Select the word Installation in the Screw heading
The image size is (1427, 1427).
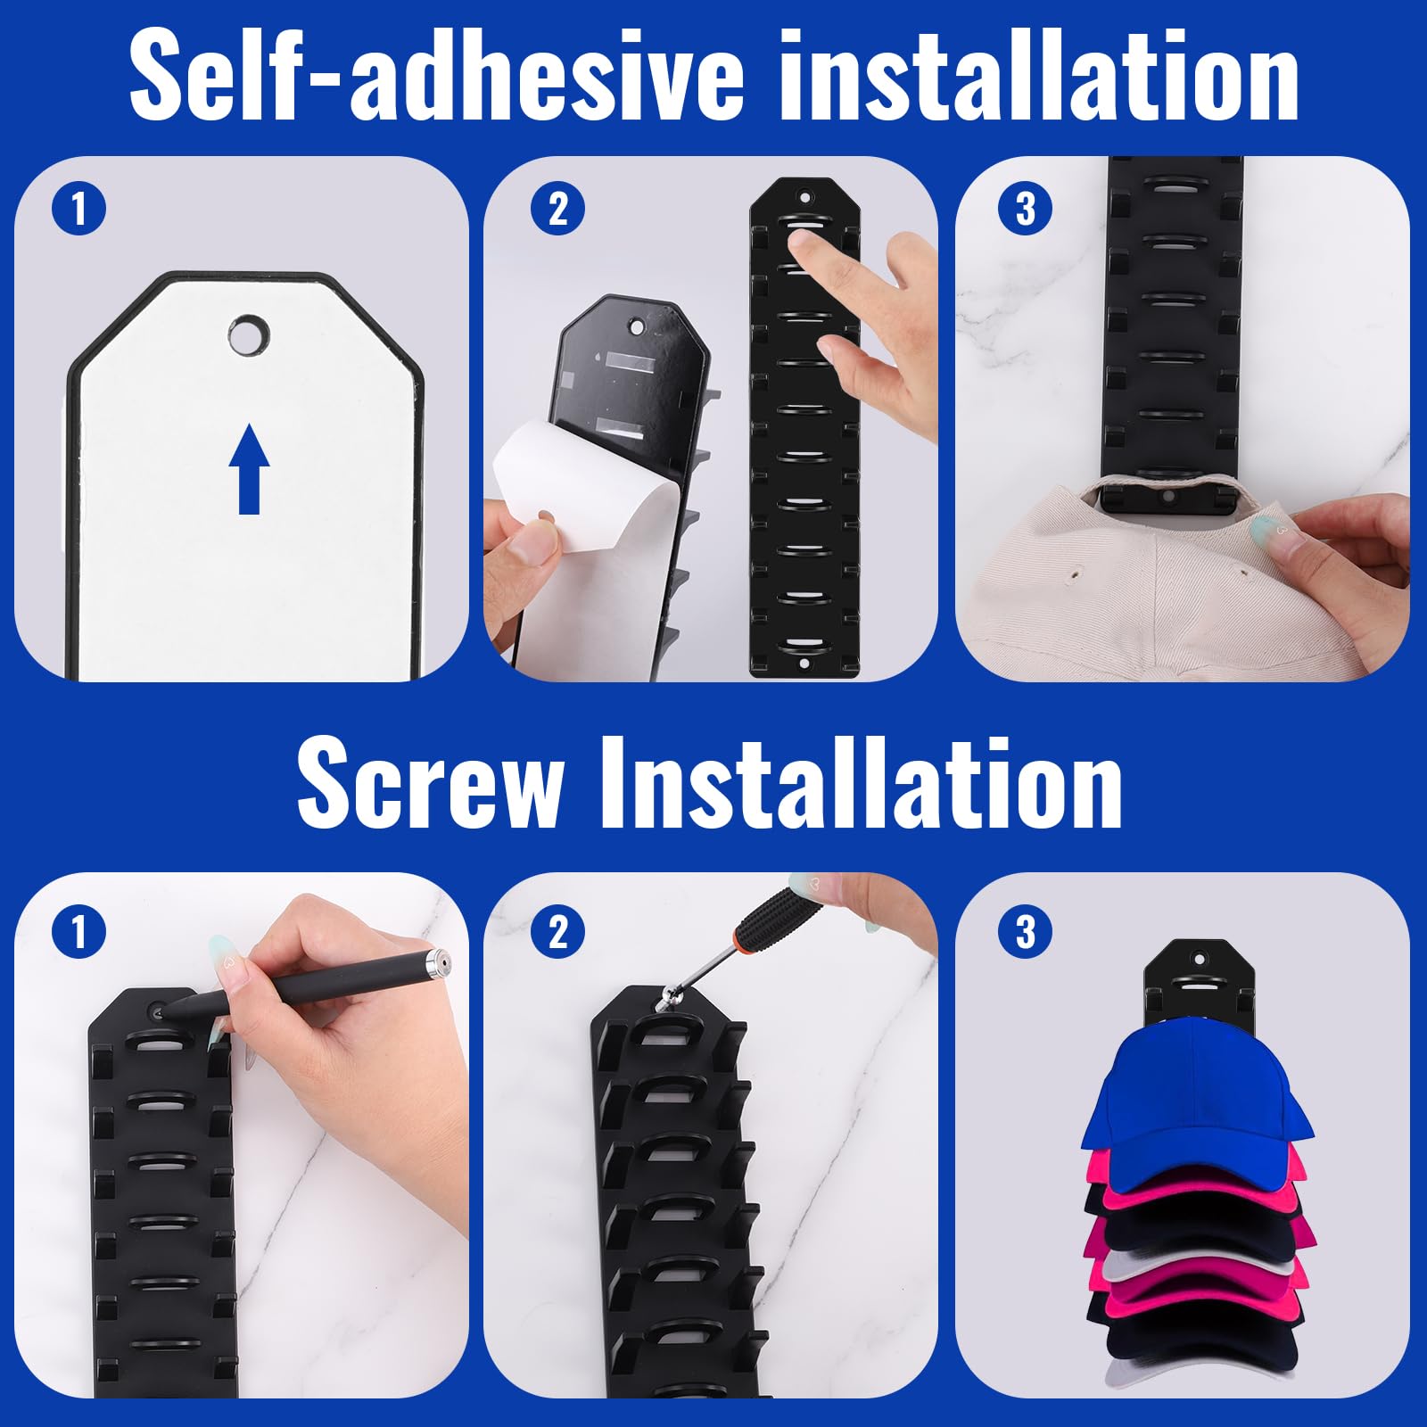(x=862, y=782)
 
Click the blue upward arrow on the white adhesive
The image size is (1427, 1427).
(x=249, y=468)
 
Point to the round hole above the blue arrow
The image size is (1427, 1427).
(x=249, y=334)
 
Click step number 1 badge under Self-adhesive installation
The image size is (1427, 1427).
(x=78, y=210)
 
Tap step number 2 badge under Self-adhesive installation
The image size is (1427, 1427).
(x=557, y=210)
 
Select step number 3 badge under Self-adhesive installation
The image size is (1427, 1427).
(x=1027, y=210)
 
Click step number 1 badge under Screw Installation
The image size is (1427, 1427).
(x=78, y=932)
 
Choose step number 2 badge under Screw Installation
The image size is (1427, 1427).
(x=557, y=932)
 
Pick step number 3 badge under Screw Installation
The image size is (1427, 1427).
(x=1027, y=932)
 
